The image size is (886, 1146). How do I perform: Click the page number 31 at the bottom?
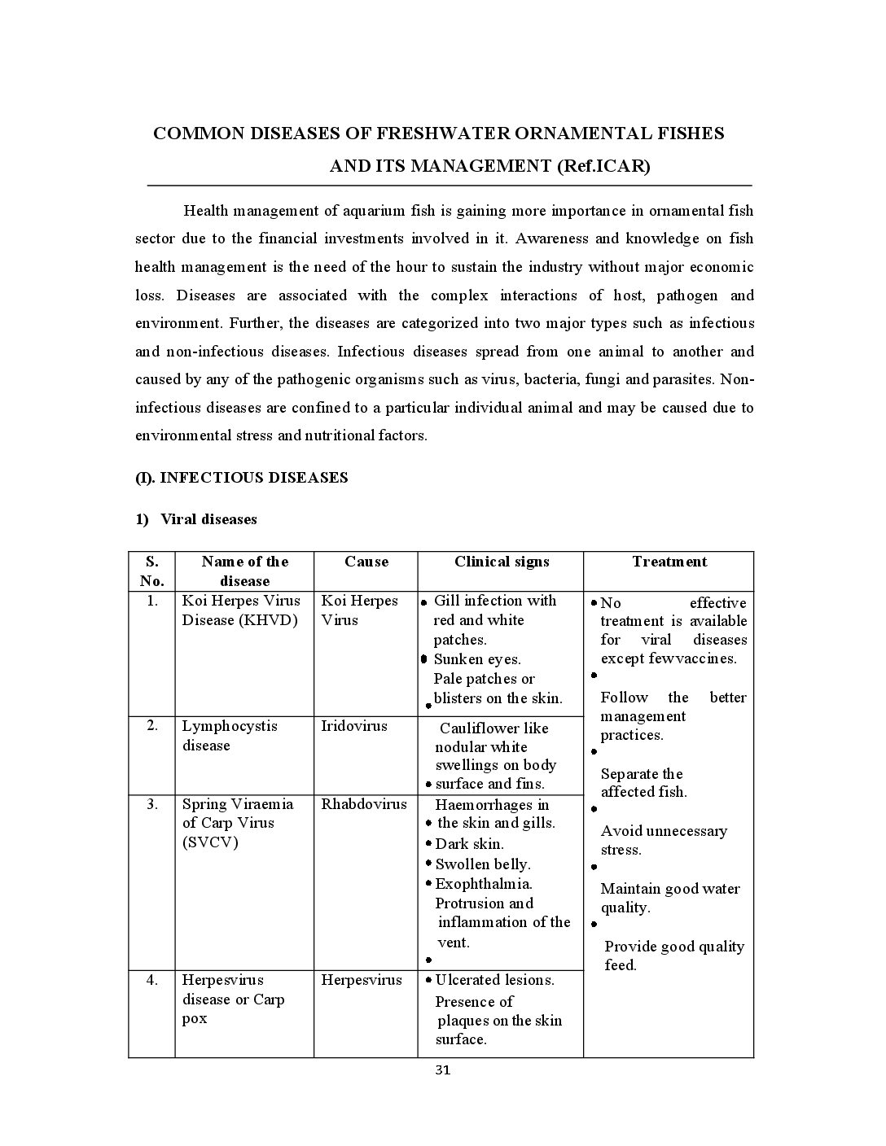[x=442, y=1070]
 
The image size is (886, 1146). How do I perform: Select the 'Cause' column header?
[x=366, y=562]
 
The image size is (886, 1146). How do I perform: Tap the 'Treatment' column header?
[x=669, y=562]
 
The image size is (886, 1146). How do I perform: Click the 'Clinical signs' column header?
[x=502, y=562]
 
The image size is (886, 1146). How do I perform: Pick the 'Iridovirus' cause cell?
[x=354, y=726]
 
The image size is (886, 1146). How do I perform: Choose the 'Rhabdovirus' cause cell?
[x=363, y=804]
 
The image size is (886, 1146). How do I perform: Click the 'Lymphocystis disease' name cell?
[x=229, y=736]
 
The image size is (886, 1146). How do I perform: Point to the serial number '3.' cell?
[x=152, y=804]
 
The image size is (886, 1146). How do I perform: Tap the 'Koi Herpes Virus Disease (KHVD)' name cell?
[x=240, y=610]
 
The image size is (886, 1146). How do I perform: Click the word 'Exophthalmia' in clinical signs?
[x=484, y=884]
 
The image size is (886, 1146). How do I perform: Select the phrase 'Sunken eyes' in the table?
[x=476, y=659]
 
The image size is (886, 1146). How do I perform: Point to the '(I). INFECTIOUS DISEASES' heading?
[x=242, y=478]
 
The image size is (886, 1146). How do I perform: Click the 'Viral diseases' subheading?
[x=208, y=519]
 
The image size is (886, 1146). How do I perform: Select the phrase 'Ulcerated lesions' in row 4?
[x=494, y=980]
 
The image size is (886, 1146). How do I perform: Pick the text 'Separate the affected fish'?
[x=643, y=783]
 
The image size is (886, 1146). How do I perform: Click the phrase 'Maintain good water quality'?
[x=669, y=898]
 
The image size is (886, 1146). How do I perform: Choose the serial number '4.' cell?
[x=152, y=980]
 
